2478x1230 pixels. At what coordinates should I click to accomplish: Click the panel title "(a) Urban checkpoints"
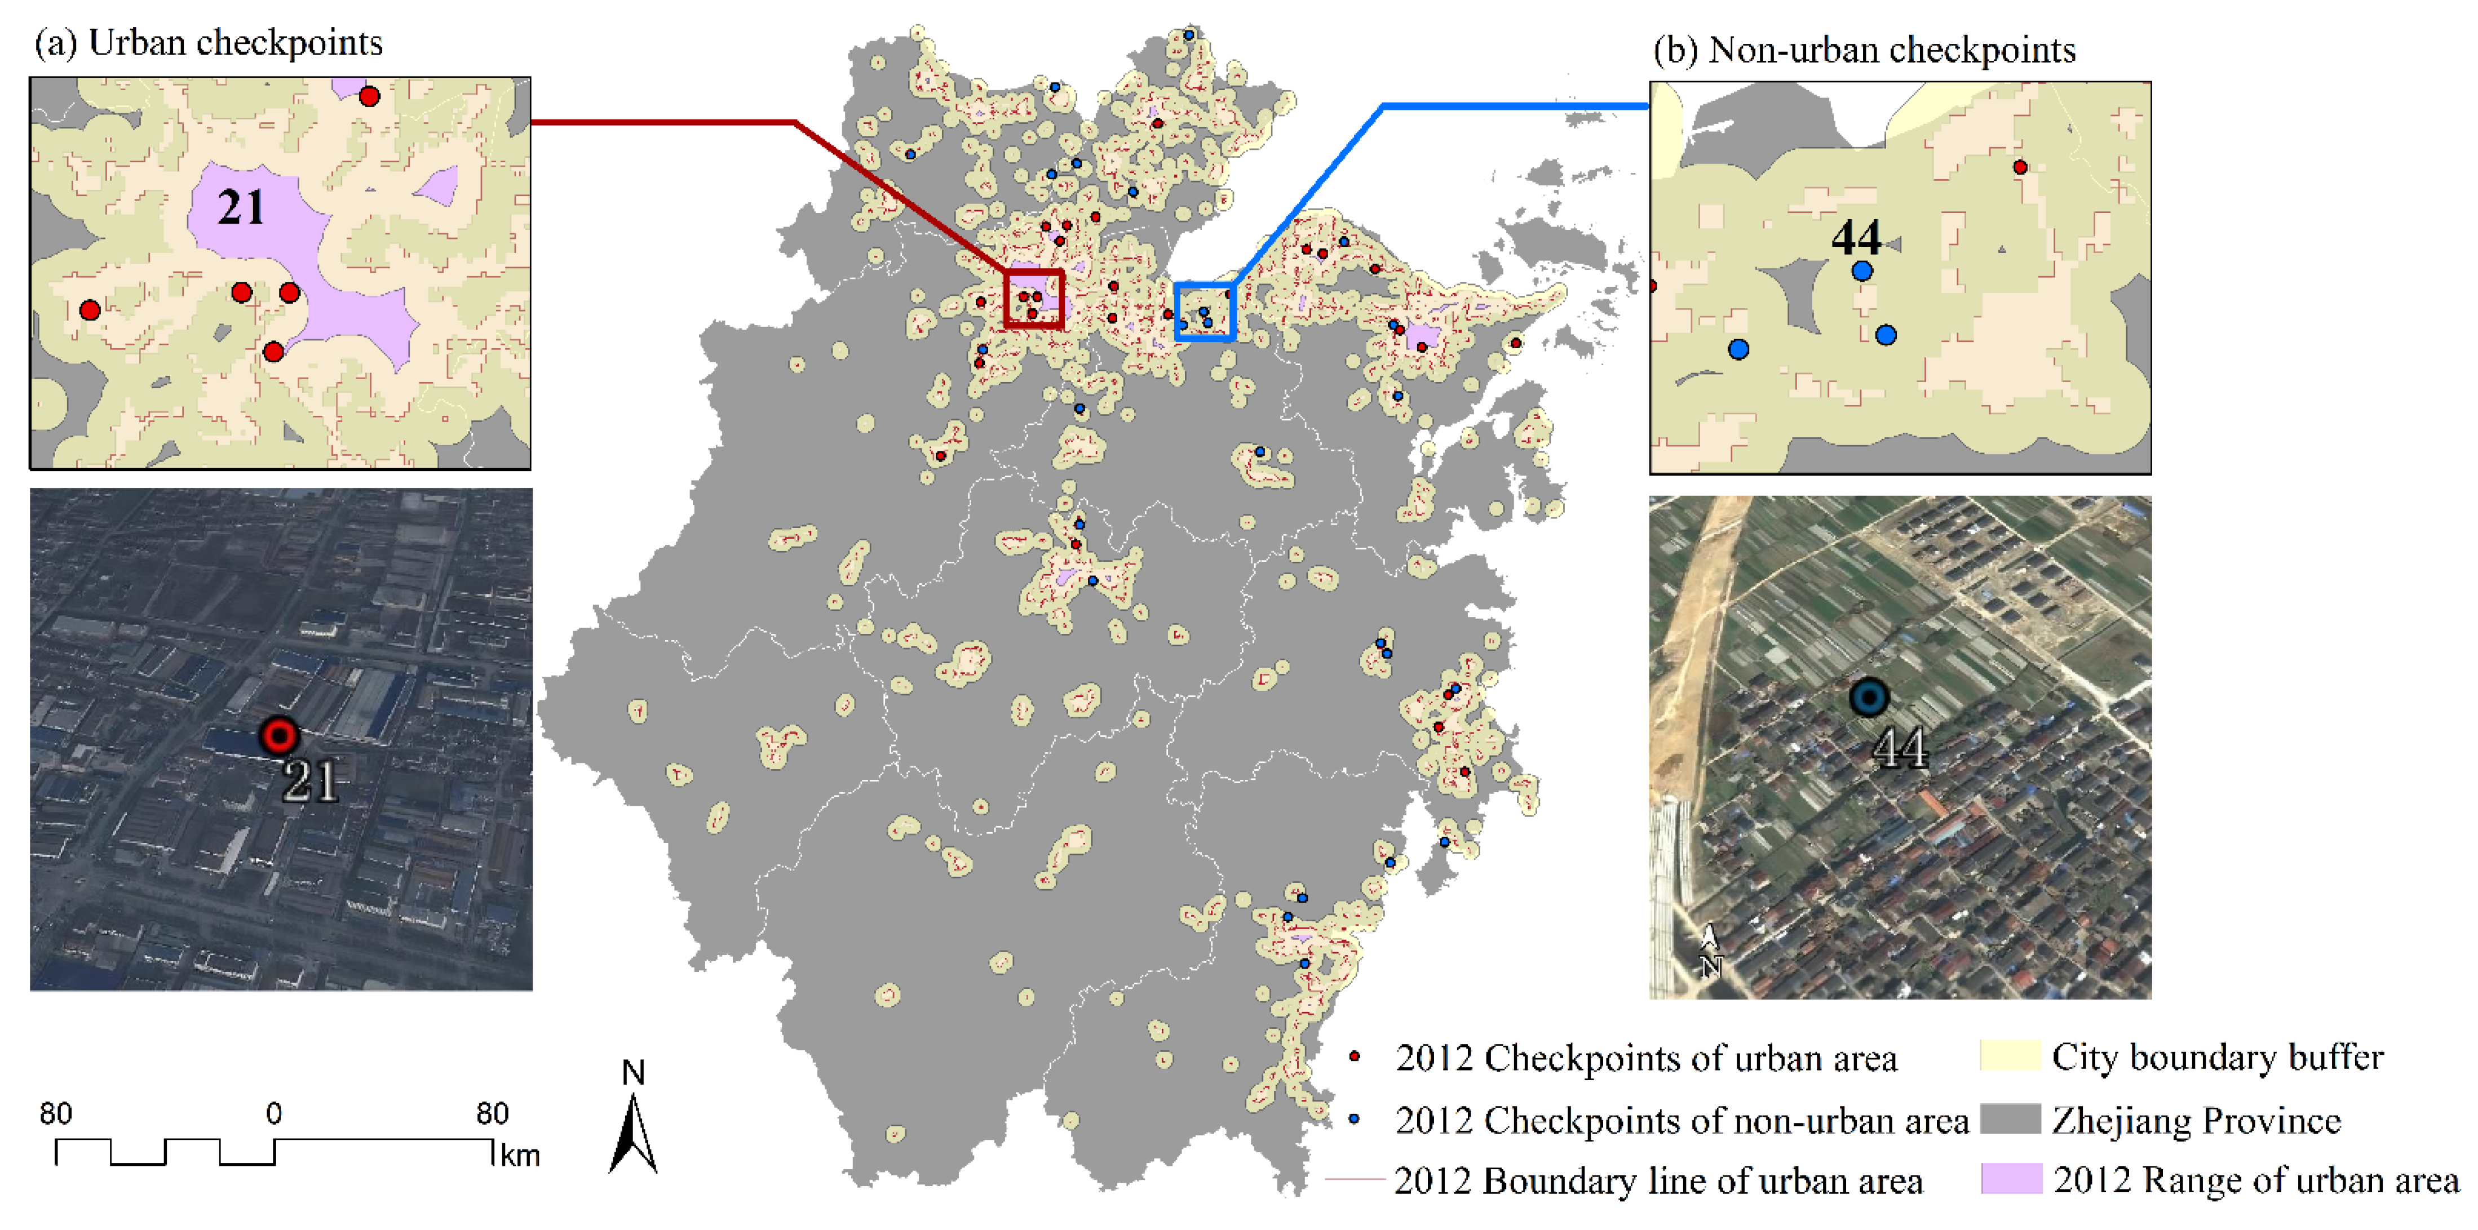tap(208, 43)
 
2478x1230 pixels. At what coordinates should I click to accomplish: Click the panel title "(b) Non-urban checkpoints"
tap(1864, 50)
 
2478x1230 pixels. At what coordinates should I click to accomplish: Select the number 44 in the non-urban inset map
tap(1856, 238)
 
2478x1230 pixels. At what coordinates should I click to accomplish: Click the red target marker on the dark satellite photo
tap(279, 736)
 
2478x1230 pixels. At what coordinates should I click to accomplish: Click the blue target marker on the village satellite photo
tap(1869, 697)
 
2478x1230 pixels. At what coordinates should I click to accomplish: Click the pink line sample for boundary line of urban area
tap(1355, 1179)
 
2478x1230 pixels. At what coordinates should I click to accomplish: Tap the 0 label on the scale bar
tap(274, 1113)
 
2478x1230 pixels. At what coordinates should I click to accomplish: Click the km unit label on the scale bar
tap(520, 1155)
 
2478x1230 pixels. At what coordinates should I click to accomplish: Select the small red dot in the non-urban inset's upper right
tap(2020, 167)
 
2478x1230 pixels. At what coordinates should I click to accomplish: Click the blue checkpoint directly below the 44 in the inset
tap(1862, 271)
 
